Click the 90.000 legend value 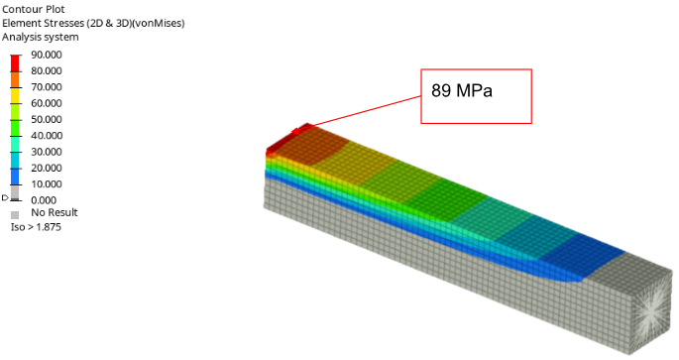(47, 55)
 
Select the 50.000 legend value (47, 119)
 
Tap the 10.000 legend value (47, 183)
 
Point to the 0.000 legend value (44, 200)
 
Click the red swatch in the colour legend (15, 63)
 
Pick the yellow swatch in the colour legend (15, 96)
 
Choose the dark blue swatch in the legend (15, 177)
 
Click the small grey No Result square (15, 215)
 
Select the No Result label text (55, 212)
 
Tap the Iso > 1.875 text (36, 227)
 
